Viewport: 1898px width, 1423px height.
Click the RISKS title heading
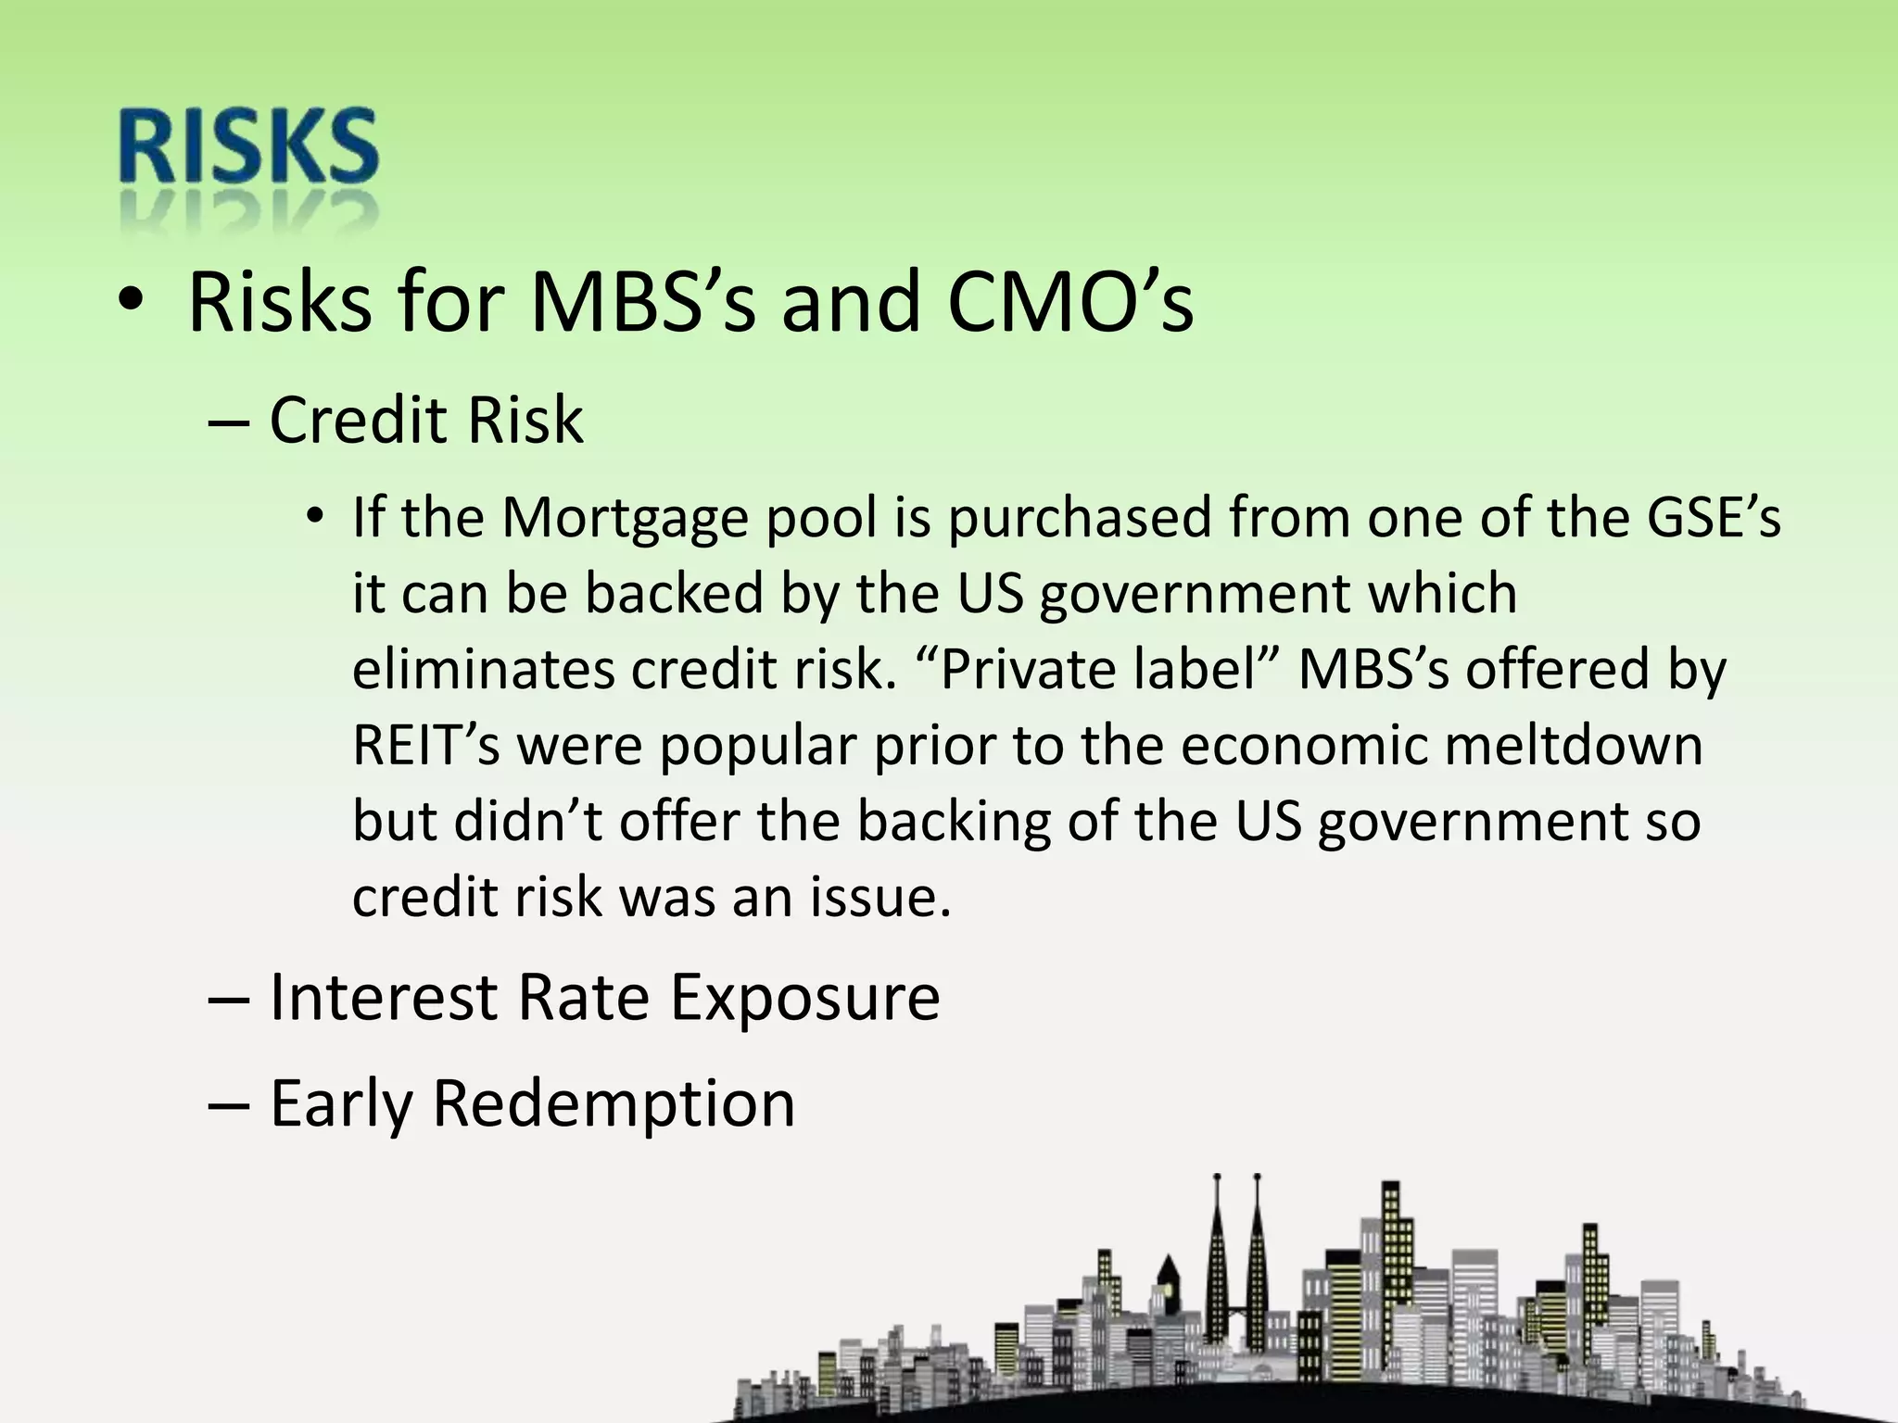248,148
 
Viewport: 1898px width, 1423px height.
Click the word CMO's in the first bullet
1070,303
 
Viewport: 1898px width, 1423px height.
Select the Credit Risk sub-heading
426,421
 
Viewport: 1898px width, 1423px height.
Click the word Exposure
804,998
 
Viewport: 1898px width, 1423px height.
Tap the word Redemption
614,1103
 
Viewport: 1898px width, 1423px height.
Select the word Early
340,1103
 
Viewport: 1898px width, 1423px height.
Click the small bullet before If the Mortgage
315,516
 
